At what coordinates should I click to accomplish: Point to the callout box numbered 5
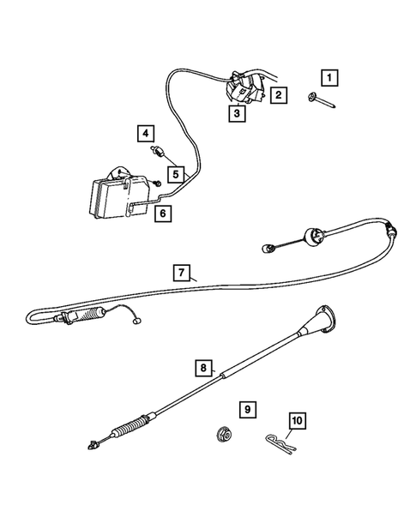pyautogui.click(x=175, y=174)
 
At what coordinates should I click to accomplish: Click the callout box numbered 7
pyautogui.click(x=182, y=274)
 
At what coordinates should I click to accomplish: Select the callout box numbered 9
pyautogui.click(x=248, y=410)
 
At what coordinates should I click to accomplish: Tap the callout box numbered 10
pyautogui.click(x=298, y=421)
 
